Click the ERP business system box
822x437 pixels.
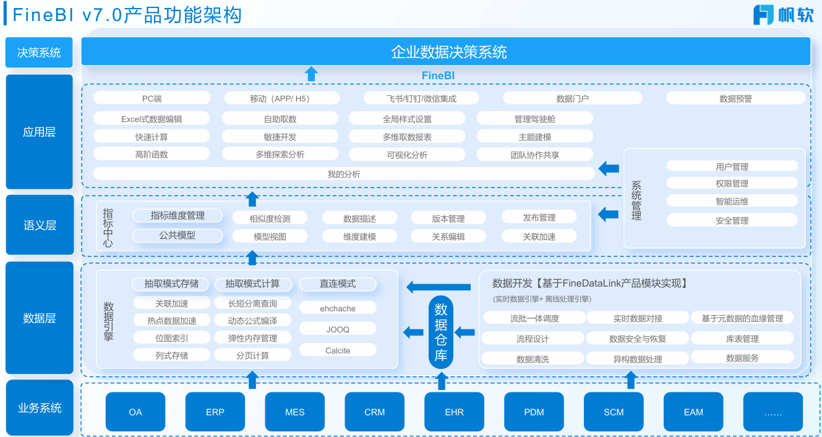[215, 412]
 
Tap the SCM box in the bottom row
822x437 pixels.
[614, 412]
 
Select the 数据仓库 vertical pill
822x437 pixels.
[441, 332]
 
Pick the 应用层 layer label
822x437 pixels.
[39, 132]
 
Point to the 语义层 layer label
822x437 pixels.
[39, 225]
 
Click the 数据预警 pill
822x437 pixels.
[735, 98]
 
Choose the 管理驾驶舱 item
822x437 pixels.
[534, 118]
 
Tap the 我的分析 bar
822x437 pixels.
[343, 174]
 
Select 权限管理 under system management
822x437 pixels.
[732, 183]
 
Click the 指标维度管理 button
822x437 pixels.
[178, 215]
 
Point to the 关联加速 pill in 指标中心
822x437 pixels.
[539, 236]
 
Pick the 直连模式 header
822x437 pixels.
[338, 283]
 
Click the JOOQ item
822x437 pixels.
[338, 329]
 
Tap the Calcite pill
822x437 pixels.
[338, 350]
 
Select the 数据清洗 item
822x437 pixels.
[533, 358]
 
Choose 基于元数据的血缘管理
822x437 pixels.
[742, 318]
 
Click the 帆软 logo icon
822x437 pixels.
[763, 15]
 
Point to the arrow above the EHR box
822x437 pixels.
[442, 381]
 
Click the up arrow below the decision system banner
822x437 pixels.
[311, 74]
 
